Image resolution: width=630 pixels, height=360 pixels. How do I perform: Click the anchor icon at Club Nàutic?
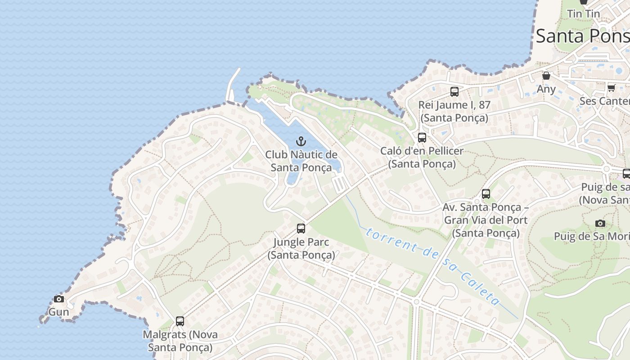click(x=301, y=142)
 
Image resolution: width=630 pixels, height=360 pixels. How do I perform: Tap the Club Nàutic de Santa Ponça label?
click(x=301, y=161)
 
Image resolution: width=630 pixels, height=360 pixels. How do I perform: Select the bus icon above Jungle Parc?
click(x=301, y=229)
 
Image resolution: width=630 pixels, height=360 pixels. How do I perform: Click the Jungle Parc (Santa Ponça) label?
click(x=301, y=248)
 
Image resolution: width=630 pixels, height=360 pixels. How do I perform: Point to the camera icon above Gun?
click(x=59, y=299)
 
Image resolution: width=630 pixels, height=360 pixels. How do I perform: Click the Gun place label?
click(x=59, y=312)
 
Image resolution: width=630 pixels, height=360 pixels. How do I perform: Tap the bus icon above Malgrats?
click(x=180, y=321)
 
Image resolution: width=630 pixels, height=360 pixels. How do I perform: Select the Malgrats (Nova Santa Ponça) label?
click(x=180, y=341)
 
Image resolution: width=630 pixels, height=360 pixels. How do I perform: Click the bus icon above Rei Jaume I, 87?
click(x=454, y=92)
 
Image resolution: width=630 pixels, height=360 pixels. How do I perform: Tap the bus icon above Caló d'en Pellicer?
click(x=422, y=138)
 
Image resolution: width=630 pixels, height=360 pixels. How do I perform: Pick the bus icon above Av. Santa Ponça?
click(x=486, y=194)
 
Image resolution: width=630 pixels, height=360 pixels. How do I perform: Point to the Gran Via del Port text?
click(x=486, y=220)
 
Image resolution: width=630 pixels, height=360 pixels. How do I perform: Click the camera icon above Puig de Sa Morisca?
click(x=600, y=223)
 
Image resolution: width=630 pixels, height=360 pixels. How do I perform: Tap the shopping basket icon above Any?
click(x=546, y=76)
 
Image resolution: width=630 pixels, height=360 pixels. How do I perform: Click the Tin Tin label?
click(x=583, y=13)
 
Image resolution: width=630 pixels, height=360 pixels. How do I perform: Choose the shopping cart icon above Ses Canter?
click(x=611, y=87)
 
